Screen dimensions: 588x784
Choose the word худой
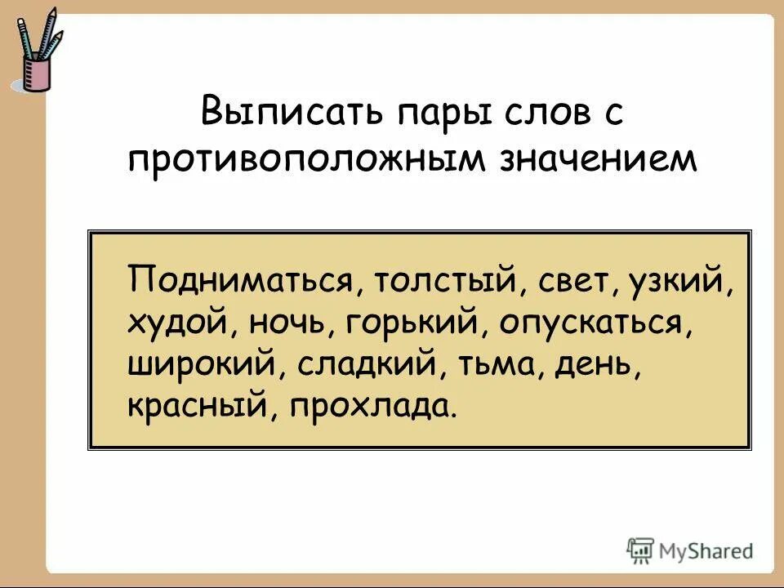(176, 324)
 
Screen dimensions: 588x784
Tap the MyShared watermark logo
(690, 551)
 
